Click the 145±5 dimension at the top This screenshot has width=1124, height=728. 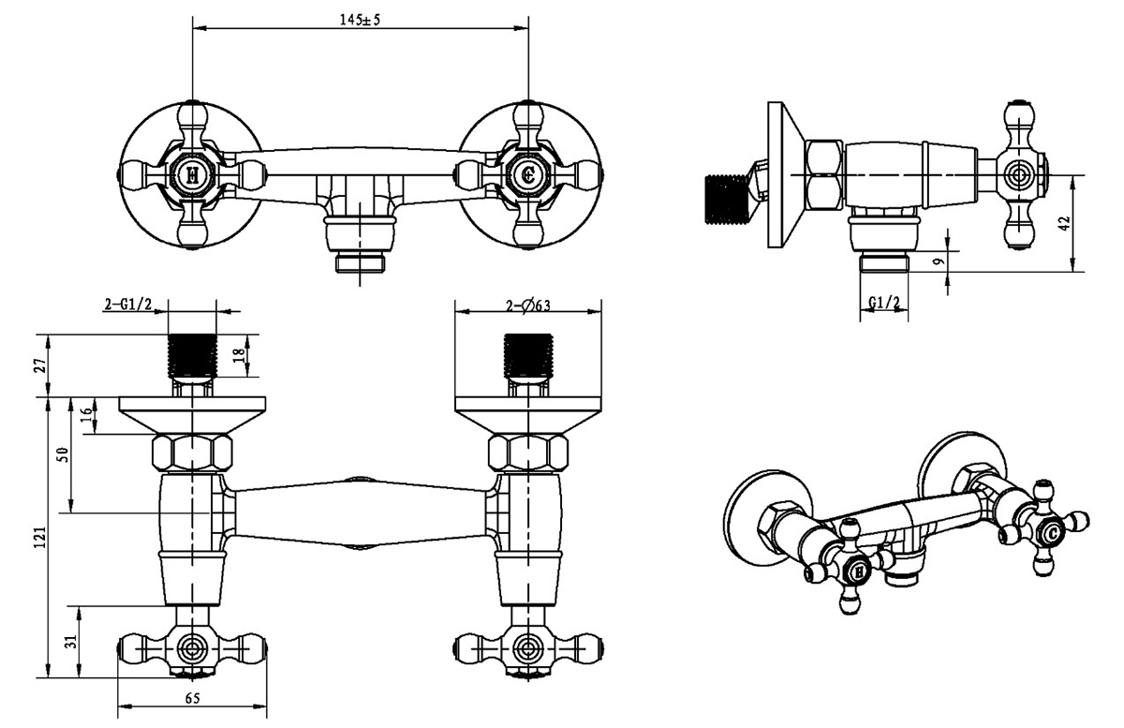pos(361,20)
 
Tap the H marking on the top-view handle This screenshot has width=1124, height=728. pos(192,174)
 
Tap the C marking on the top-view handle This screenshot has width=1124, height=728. pos(528,174)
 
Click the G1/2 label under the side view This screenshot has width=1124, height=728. pos(883,303)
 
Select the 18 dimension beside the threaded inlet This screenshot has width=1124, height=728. pos(240,355)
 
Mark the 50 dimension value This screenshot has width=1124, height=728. pos(64,455)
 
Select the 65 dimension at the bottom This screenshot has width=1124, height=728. pos(192,699)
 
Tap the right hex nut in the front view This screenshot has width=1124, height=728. pos(529,453)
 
